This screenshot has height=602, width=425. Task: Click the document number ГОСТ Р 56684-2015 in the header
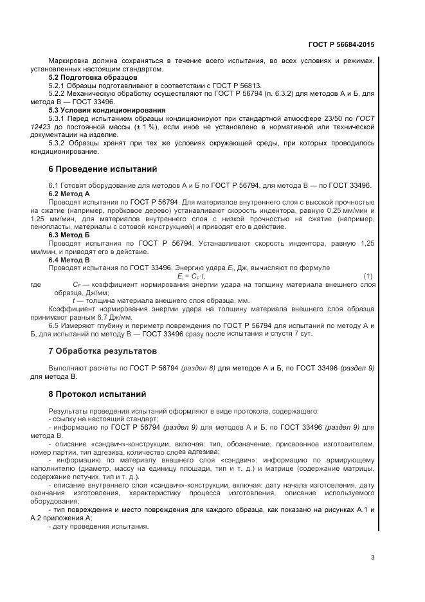pos(342,45)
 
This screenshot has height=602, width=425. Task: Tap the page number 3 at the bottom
pos(372,557)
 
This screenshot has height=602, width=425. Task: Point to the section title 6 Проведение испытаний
pos(103,170)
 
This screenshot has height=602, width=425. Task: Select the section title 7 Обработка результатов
pos(103,351)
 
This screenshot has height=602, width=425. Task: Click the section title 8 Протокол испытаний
pos(98,394)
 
